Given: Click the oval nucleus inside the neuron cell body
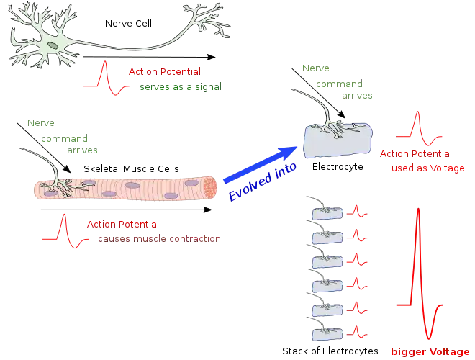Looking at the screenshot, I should click(x=52, y=45).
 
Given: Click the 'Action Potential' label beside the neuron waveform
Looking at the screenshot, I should click(x=163, y=72).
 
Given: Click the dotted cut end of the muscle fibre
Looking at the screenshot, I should click(x=210, y=187).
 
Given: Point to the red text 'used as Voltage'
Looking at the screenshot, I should click(x=428, y=168).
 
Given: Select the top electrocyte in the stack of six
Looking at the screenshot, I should click(x=325, y=214).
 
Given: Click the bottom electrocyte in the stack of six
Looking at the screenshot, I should click(x=325, y=334).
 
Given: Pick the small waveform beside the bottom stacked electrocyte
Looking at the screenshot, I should click(x=358, y=332).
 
